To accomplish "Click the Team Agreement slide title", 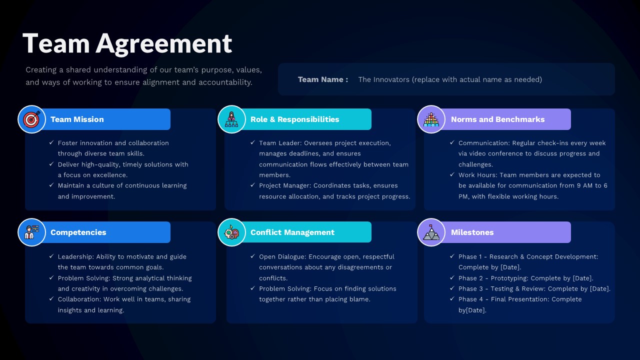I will pyautogui.click(x=127, y=43).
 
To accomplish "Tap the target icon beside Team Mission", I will pyautogui.click(x=31, y=119).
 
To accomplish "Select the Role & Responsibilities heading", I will pyautogui.click(x=294, y=119).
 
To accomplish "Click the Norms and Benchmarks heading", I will pyautogui.click(x=497, y=119).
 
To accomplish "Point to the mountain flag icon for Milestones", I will pyautogui.click(x=431, y=232).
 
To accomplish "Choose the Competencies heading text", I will pyautogui.click(x=78, y=232).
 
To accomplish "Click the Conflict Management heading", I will pyautogui.click(x=292, y=232).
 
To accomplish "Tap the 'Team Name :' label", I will pyautogui.click(x=323, y=79).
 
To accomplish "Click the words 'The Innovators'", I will pyautogui.click(x=383, y=79).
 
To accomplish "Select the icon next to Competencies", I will pyautogui.click(x=31, y=232).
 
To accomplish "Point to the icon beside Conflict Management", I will pyautogui.click(x=231, y=232).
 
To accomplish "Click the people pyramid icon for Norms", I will pyautogui.click(x=431, y=119).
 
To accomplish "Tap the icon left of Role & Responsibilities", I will pyautogui.click(x=231, y=119).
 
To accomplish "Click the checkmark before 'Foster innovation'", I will pyautogui.click(x=51, y=143).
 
